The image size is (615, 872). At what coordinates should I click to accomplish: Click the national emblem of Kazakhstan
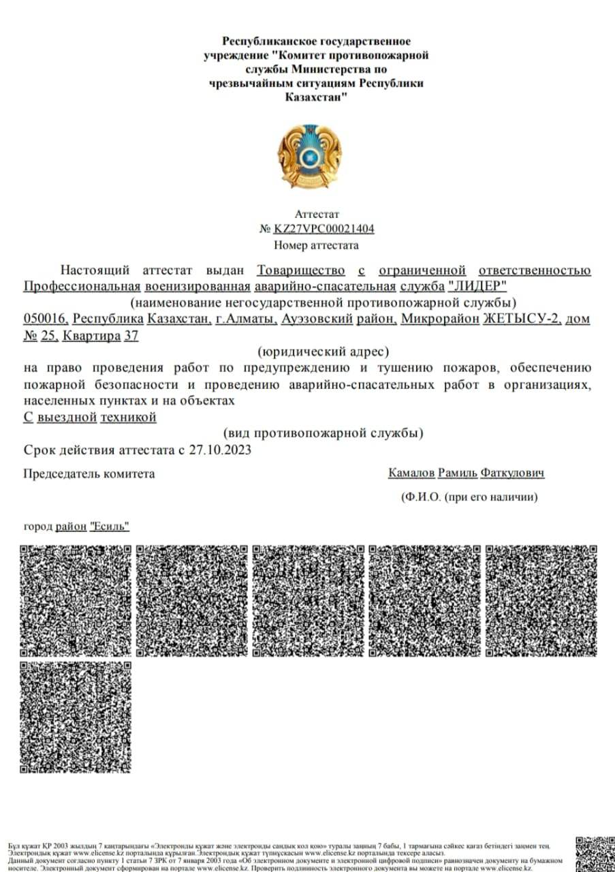(x=311, y=156)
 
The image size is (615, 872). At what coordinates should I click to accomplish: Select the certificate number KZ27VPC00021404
(x=324, y=229)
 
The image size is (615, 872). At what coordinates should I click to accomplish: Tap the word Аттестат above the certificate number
(x=317, y=214)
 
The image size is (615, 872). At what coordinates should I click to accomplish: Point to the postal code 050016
(x=46, y=319)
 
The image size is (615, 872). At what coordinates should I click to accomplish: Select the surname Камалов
(x=411, y=473)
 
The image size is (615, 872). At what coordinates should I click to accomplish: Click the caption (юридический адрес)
(x=324, y=352)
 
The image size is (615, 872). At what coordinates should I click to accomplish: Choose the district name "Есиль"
(x=110, y=526)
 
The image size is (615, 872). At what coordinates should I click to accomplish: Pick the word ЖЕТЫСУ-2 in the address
(x=522, y=319)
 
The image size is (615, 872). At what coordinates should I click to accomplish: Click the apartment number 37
(x=131, y=335)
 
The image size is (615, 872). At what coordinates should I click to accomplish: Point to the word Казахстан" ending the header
(x=317, y=97)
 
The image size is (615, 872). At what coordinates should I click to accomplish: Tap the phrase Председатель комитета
(x=89, y=473)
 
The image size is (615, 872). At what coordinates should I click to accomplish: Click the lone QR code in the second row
(x=76, y=717)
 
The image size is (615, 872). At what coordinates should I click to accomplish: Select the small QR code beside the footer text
(x=593, y=854)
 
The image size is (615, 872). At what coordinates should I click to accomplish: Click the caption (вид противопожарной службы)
(x=324, y=433)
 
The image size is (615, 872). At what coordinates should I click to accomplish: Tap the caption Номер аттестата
(x=316, y=245)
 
